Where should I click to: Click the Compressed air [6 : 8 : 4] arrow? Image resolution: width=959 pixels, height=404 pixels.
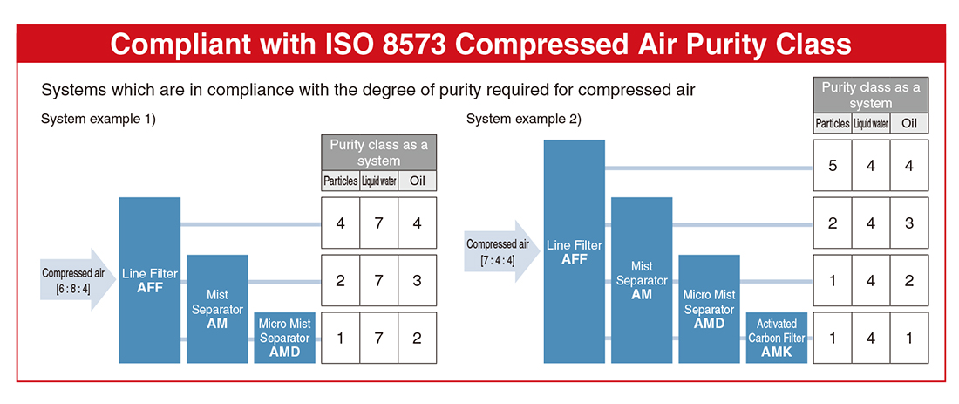pos(78,280)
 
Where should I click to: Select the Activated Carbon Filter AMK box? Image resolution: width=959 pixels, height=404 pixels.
pos(776,338)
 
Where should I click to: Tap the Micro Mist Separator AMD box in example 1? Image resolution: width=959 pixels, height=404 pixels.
pos(284,338)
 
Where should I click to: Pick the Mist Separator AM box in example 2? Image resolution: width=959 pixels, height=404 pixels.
pos(642,280)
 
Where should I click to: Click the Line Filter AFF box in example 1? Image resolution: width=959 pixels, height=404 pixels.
pos(150,280)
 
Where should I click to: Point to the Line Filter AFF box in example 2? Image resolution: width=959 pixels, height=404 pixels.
pos(575,251)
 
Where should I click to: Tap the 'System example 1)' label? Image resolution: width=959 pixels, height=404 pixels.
pos(99,120)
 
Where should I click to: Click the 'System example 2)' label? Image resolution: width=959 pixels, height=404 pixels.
pos(524,120)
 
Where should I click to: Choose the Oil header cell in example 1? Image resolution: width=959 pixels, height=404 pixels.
pos(417,181)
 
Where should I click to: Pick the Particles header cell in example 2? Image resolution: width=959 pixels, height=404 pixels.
pos(833,124)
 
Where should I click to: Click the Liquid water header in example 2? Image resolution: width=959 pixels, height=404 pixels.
pos(871,124)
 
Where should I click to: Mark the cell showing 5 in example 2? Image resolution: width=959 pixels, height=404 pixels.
pos(833,165)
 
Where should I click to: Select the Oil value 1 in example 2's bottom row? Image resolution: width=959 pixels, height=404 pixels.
pos(909,338)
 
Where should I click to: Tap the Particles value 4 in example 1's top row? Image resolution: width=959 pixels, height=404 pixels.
pos(340,223)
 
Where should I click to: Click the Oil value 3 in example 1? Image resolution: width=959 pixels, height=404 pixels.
pos(417,280)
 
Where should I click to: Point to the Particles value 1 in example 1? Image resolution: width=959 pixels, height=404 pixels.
pos(340,338)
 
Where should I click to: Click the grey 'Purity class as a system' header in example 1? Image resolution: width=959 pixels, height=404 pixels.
pos(378,153)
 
